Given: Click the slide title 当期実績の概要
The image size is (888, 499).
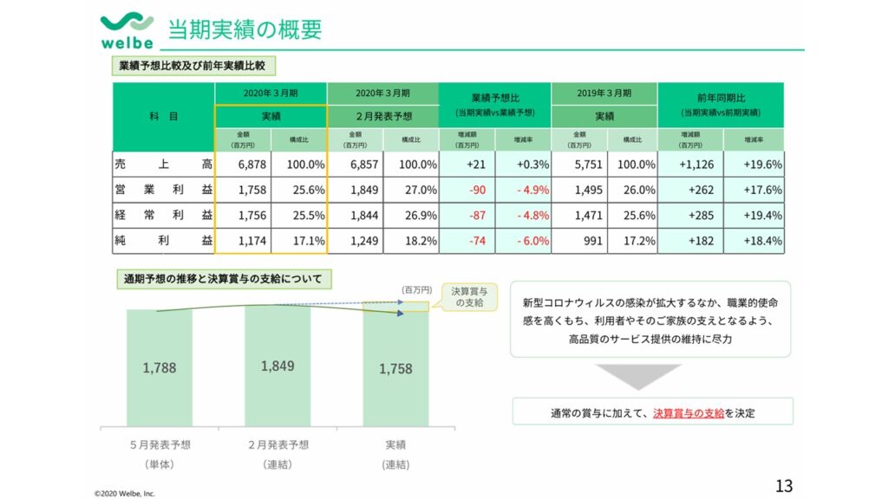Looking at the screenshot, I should click(x=245, y=29).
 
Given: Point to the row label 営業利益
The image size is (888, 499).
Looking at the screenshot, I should click(x=163, y=190).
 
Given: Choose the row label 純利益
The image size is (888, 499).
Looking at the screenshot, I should click(x=163, y=241).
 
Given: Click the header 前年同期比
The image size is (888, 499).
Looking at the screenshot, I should click(x=720, y=98).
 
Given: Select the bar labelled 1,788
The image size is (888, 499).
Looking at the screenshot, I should click(x=160, y=367).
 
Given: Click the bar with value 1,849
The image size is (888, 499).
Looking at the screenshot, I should click(x=277, y=366).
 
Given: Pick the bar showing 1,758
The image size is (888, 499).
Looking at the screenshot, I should click(x=395, y=369).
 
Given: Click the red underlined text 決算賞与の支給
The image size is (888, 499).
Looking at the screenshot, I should click(x=689, y=412).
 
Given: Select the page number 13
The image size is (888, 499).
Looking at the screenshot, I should click(x=783, y=486).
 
